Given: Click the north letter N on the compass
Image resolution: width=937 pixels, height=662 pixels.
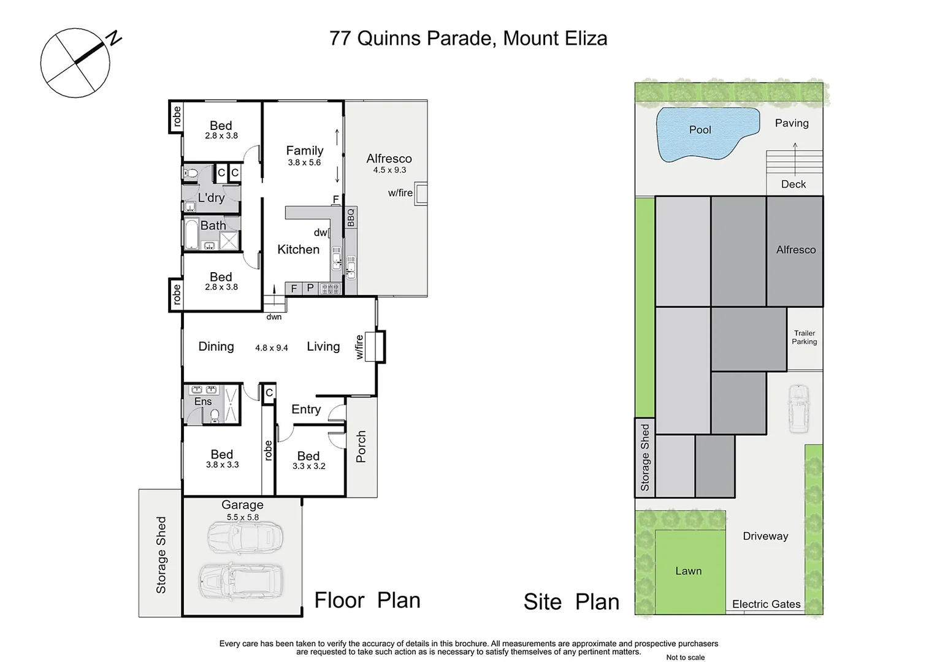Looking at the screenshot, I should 114,39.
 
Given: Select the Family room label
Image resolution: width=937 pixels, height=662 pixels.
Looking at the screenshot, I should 304,151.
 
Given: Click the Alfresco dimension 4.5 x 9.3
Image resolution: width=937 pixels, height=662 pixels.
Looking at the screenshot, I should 389,170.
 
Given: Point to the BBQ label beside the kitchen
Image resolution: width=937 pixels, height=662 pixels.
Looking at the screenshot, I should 351,218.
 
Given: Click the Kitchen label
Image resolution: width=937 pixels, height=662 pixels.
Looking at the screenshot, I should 298,249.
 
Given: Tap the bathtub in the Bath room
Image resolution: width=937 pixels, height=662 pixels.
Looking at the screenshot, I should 191,234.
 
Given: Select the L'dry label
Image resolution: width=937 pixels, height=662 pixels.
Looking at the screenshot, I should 211,198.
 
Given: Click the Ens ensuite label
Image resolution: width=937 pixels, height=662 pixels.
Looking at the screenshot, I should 203,401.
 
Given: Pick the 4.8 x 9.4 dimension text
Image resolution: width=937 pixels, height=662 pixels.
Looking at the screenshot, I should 272,348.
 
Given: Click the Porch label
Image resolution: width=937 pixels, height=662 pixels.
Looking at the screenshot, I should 361,446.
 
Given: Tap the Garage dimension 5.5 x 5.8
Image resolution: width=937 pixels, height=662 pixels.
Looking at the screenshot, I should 243,517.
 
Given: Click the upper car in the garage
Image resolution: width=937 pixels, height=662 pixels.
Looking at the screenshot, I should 245,538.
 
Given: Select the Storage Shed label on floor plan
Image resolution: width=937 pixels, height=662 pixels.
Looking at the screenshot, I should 161,555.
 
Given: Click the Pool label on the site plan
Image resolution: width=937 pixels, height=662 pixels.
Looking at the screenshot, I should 700,130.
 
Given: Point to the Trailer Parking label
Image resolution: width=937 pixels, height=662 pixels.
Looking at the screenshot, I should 804,338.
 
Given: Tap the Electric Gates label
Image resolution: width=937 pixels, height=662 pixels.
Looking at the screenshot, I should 766,604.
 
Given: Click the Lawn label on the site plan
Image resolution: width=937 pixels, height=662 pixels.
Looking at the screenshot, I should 688,571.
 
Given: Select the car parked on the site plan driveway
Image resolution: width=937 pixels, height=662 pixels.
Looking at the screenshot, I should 798,408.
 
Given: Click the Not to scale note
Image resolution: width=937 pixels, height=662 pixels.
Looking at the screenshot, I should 685,657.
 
